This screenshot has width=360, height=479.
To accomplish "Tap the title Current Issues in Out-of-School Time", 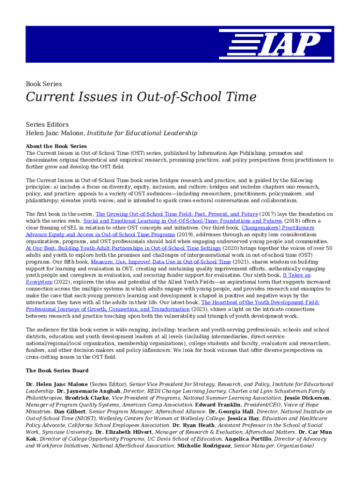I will [x=141, y=97].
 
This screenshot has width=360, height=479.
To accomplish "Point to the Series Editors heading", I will [x=47, y=124].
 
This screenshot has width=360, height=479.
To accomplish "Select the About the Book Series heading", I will [x=56, y=146].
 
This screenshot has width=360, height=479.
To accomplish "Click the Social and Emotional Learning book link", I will [x=183, y=221].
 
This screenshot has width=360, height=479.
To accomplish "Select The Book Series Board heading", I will [x=57, y=370].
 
